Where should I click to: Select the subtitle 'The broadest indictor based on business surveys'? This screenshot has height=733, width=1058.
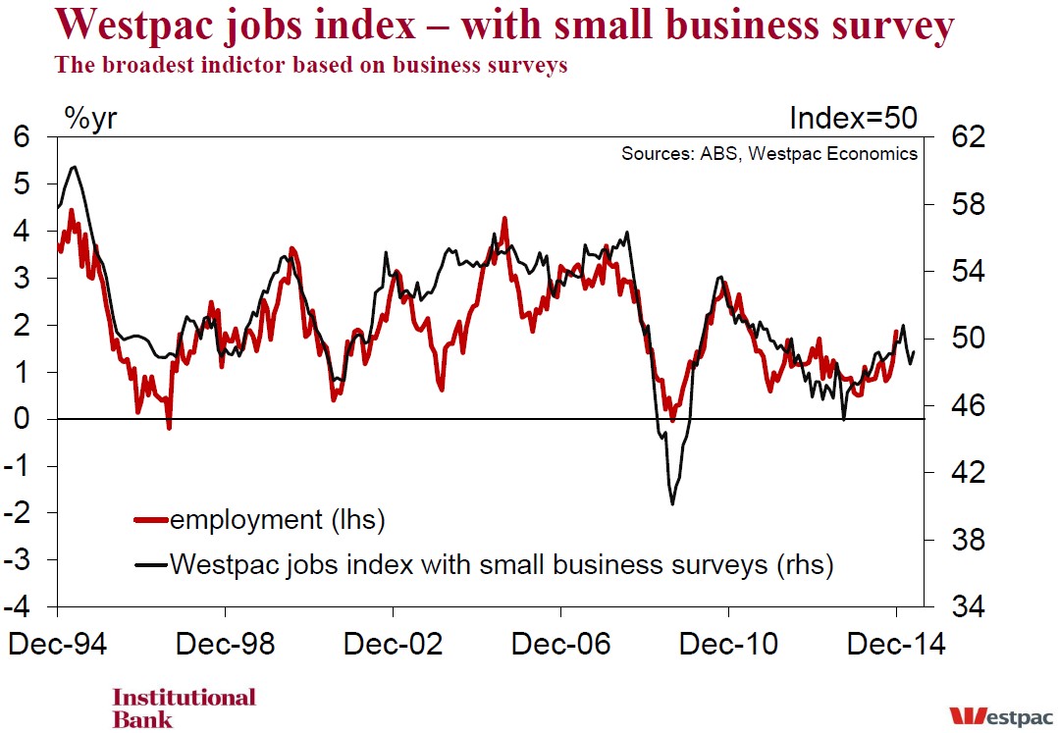pyautogui.click(x=311, y=67)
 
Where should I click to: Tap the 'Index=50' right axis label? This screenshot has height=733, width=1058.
pyautogui.click(x=853, y=118)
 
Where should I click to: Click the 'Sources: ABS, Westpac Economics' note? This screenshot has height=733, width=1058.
pyautogui.click(x=768, y=154)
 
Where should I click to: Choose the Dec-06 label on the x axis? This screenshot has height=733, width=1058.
pyautogui.click(x=560, y=645)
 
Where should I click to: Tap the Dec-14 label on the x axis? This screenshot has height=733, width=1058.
pyautogui.click(x=896, y=645)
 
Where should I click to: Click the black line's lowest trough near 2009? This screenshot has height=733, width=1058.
pyautogui.click(x=672, y=504)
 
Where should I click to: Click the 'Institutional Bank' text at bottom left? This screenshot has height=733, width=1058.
pyautogui.click(x=184, y=707)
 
